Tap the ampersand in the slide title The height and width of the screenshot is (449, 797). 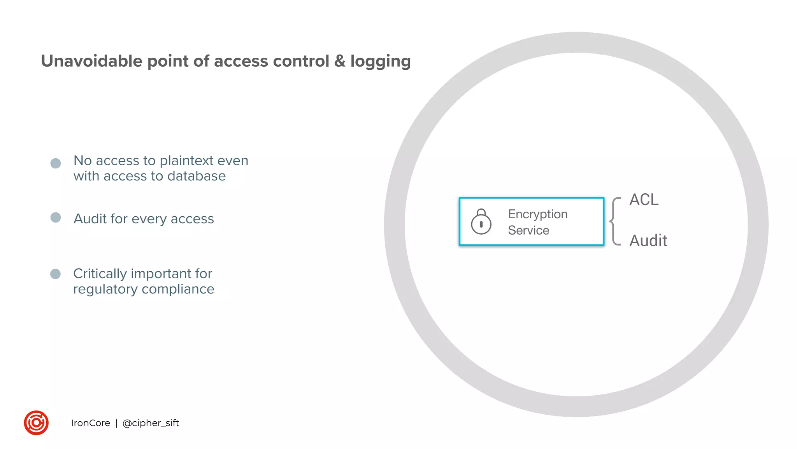click(x=340, y=61)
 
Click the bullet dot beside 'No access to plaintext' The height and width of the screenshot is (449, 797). click(x=56, y=163)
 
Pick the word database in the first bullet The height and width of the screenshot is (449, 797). click(x=197, y=176)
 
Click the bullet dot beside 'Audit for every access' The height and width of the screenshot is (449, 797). click(x=56, y=217)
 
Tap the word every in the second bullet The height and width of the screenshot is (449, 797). click(x=149, y=219)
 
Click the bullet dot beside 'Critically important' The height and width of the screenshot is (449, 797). click(x=56, y=274)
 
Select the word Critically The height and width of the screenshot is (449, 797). click(x=100, y=274)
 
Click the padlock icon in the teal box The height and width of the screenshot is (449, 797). click(x=481, y=222)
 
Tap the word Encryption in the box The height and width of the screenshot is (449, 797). click(x=538, y=214)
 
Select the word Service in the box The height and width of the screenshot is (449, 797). click(x=528, y=230)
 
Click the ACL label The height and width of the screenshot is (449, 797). click(x=644, y=200)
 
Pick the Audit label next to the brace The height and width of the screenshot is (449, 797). click(x=648, y=241)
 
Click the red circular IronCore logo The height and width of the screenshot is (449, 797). click(x=36, y=423)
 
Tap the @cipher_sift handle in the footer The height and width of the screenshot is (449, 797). click(x=151, y=423)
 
